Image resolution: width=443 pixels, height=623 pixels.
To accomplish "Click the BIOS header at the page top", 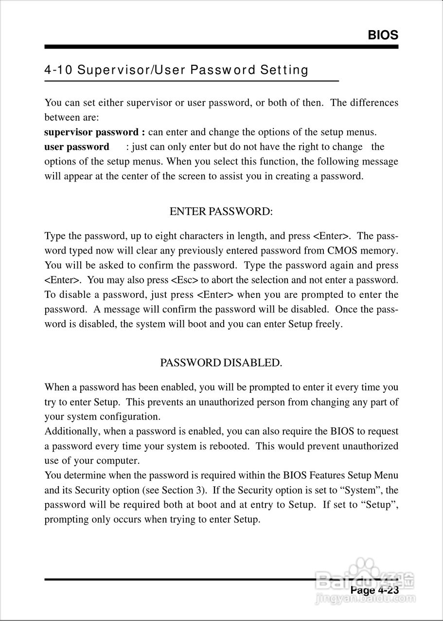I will click(x=383, y=35).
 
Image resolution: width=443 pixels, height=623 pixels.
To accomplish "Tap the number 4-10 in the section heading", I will click(x=58, y=70).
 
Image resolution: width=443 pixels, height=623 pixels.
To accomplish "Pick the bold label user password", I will click(x=77, y=147).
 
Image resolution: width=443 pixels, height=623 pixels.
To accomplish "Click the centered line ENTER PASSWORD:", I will click(x=221, y=212).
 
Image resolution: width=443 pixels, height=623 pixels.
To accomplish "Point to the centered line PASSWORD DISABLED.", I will click(x=221, y=363).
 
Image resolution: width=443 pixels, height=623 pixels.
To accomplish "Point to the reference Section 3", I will click(x=183, y=490).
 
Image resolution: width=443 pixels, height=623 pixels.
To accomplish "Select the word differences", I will click(x=372, y=103).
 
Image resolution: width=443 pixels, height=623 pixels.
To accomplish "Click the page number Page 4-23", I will click(x=374, y=590).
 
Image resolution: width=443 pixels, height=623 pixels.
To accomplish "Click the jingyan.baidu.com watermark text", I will click(x=365, y=599).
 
